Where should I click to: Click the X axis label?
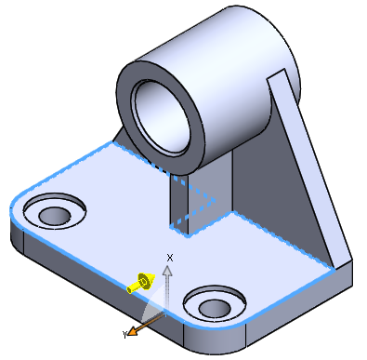coord(170,258)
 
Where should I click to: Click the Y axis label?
coord(125,334)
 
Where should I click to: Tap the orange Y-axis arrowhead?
coord(133,331)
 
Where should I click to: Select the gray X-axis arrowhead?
coord(167,271)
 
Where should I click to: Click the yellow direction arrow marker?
coord(141,283)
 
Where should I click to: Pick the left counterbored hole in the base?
coord(55,211)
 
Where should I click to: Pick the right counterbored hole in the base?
coord(215,304)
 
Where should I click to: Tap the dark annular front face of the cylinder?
coord(124,102)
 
